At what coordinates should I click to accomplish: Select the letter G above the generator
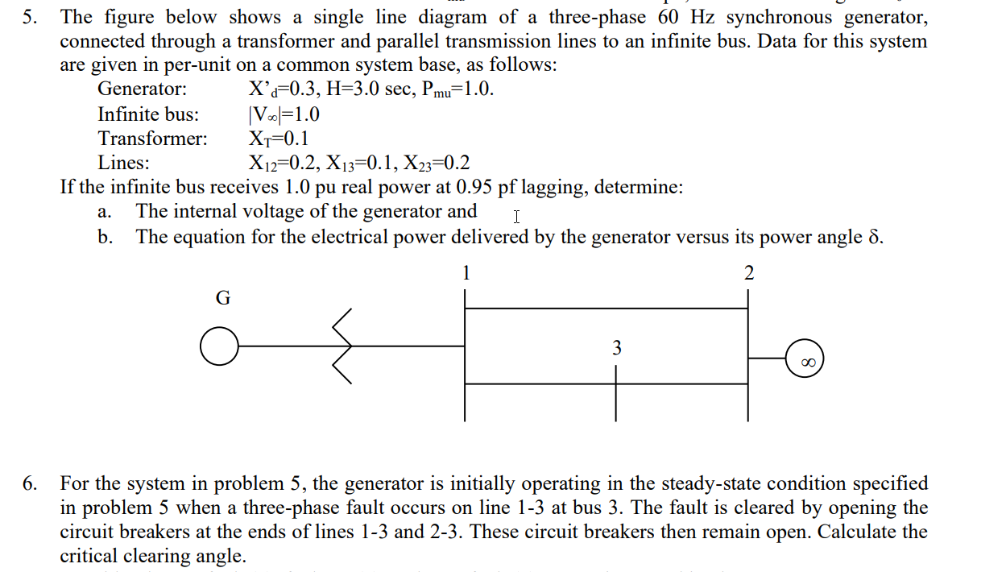point(223,298)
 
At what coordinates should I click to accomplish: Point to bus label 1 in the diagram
point(466,273)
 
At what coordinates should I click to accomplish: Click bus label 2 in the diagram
point(749,273)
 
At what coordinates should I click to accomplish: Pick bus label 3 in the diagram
point(616,348)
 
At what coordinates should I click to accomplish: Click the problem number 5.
point(30,17)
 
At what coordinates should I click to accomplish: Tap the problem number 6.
point(30,484)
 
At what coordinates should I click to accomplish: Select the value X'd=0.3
point(281,89)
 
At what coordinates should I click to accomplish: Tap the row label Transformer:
point(152,138)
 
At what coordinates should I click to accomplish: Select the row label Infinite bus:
point(148,114)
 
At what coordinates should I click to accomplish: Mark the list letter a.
point(102,213)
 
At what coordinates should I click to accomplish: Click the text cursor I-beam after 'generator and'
point(516,216)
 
